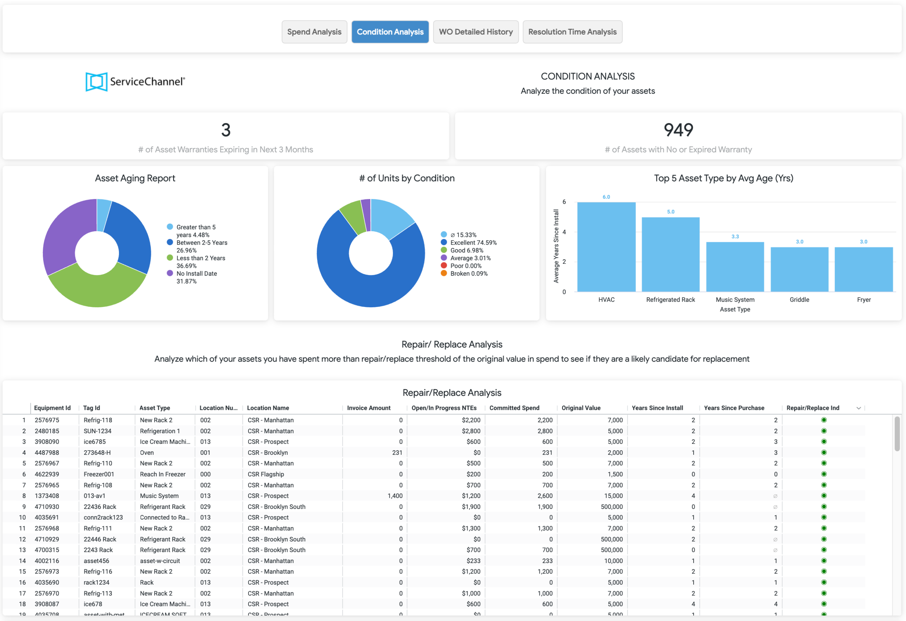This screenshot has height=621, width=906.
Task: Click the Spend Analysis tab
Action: point(314,32)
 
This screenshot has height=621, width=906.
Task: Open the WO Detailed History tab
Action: point(476,32)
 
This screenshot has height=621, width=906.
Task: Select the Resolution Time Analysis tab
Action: point(572,32)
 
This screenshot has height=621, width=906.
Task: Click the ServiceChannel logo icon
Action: point(96,82)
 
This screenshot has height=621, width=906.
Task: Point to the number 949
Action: point(678,130)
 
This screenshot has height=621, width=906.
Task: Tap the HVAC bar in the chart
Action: point(606,246)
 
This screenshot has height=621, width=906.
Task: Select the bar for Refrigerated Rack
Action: point(671,254)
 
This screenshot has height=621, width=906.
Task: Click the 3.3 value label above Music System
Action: point(735,237)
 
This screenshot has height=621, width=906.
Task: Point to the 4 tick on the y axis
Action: point(564,232)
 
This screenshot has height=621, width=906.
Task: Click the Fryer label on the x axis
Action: point(864,300)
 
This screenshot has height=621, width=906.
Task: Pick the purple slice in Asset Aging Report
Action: point(64,234)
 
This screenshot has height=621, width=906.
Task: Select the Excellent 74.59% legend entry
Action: point(469,242)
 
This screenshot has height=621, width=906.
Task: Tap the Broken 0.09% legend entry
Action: point(464,273)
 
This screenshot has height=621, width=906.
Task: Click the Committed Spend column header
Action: point(514,408)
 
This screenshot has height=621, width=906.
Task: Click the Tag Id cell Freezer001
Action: point(99,474)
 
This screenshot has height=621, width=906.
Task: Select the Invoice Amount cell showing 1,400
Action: point(395,496)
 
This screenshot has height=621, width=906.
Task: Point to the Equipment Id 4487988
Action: point(47,453)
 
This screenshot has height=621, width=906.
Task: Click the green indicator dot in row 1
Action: point(824,420)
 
